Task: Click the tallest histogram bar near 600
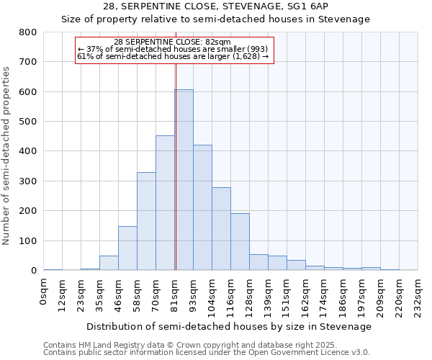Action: point(184,180)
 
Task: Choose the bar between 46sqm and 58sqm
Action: point(127,248)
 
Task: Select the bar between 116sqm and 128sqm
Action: point(240,242)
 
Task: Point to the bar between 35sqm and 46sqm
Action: point(109,263)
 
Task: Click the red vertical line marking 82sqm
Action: point(176,144)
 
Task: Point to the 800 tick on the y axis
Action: point(28,32)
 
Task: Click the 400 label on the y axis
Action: point(28,151)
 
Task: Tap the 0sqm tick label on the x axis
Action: point(44,292)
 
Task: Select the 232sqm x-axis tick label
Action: point(418,295)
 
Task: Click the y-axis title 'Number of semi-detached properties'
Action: point(7,155)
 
